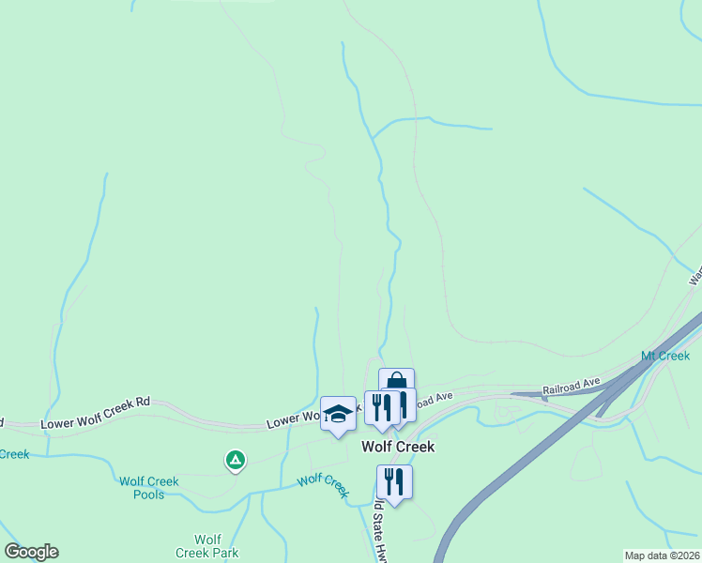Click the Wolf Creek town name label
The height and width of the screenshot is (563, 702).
(x=398, y=448)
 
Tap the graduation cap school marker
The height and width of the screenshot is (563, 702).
(x=338, y=414)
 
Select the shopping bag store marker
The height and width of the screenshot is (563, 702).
(x=397, y=383)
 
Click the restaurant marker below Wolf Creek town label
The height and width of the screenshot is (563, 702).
(x=394, y=482)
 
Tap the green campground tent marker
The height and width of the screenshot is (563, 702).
(x=236, y=461)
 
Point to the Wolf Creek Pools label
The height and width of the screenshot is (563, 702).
(x=148, y=488)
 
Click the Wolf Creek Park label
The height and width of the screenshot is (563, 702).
(x=207, y=546)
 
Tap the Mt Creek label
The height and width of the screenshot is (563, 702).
(x=665, y=356)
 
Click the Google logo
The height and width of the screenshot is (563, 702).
(x=31, y=552)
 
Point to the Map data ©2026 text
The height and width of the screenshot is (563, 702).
(x=663, y=555)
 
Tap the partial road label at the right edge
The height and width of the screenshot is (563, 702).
(x=695, y=275)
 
